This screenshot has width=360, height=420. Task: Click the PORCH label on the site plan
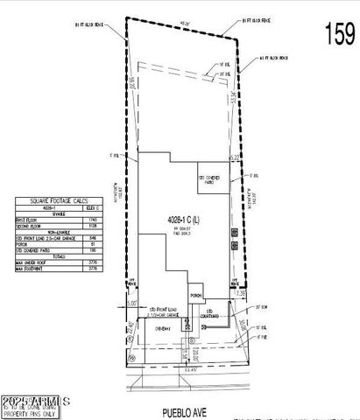pos(197,297)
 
